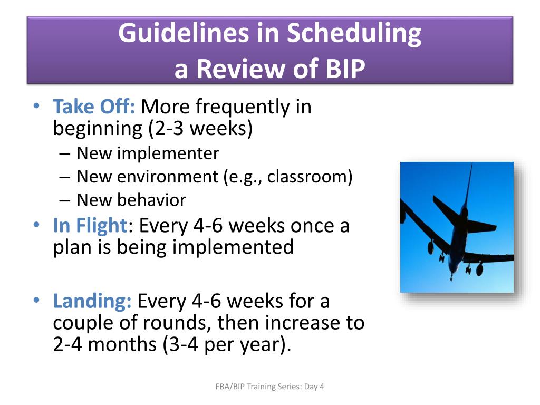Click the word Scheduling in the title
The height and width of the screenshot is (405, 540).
coord(354,34)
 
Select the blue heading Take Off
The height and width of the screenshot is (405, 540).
coord(94,106)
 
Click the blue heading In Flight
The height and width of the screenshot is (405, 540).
coord(90,226)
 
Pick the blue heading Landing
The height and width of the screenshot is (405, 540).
coord(92,301)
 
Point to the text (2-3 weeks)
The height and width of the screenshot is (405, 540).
coord(201,128)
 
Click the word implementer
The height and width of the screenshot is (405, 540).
coord(168,153)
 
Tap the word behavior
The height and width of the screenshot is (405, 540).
coord(151,200)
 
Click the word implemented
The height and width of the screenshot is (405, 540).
coord(233,247)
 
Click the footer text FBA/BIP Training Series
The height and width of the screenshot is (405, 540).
coord(258,387)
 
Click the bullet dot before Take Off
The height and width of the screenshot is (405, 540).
coord(36,105)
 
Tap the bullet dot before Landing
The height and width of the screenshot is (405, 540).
coord(36,300)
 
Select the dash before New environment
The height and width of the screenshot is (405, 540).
coord(64,177)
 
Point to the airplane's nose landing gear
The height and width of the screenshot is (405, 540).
coord(451,276)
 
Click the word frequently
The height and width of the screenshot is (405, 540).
coord(243,107)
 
